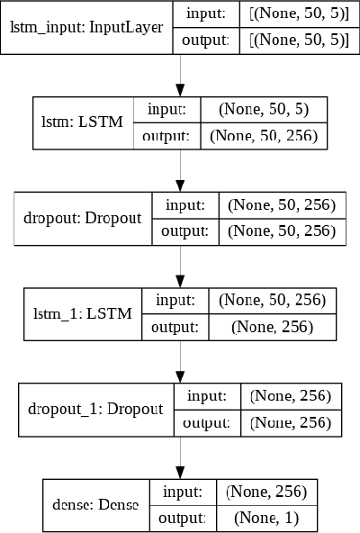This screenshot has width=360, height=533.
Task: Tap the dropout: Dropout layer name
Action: pos(84,218)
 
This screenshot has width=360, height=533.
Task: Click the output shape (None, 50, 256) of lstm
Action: pos(269,136)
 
